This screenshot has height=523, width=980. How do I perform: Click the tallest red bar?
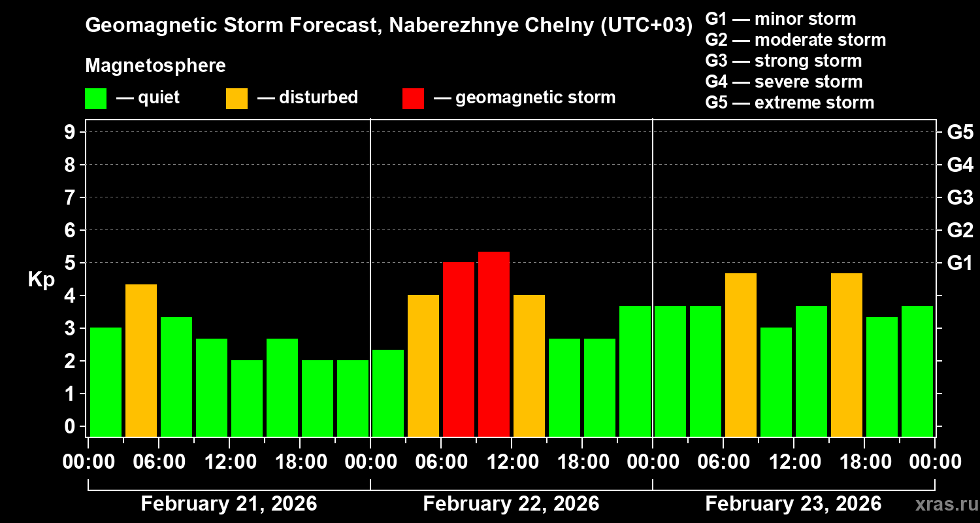pyautogui.click(x=494, y=344)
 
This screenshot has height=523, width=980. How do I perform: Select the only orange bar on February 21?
pyautogui.click(x=141, y=360)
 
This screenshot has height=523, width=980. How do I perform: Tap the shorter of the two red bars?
pyautogui.click(x=459, y=349)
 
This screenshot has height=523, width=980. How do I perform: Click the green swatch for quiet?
pyautogui.click(x=95, y=98)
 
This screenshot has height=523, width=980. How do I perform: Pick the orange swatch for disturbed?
pyautogui.click(x=237, y=98)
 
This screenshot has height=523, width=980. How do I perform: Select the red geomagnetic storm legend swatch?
pyautogui.click(x=413, y=98)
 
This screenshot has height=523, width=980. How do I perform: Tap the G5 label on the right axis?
pyautogui.click(x=960, y=132)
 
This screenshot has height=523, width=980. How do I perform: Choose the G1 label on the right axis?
pyautogui.click(x=960, y=263)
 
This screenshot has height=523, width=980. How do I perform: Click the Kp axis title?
pyautogui.click(x=41, y=280)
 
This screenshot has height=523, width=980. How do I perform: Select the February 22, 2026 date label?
pyautogui.click(x=511, y=504)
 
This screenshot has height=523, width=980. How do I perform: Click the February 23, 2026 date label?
pyautogui.click(x=793, y=504)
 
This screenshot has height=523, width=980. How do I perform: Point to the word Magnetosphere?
pyautogui.click(x=155, y=66)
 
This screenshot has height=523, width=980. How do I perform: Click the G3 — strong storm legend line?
pyautogui.click(x=783, y=61)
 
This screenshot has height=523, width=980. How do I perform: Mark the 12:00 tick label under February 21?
pyautogui.click(x=230, y=462)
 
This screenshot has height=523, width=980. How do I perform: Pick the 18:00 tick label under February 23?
pyautogui.click(x=864, y=462)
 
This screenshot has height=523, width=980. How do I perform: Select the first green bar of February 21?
pyautogui.click(x=106, y=382)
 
